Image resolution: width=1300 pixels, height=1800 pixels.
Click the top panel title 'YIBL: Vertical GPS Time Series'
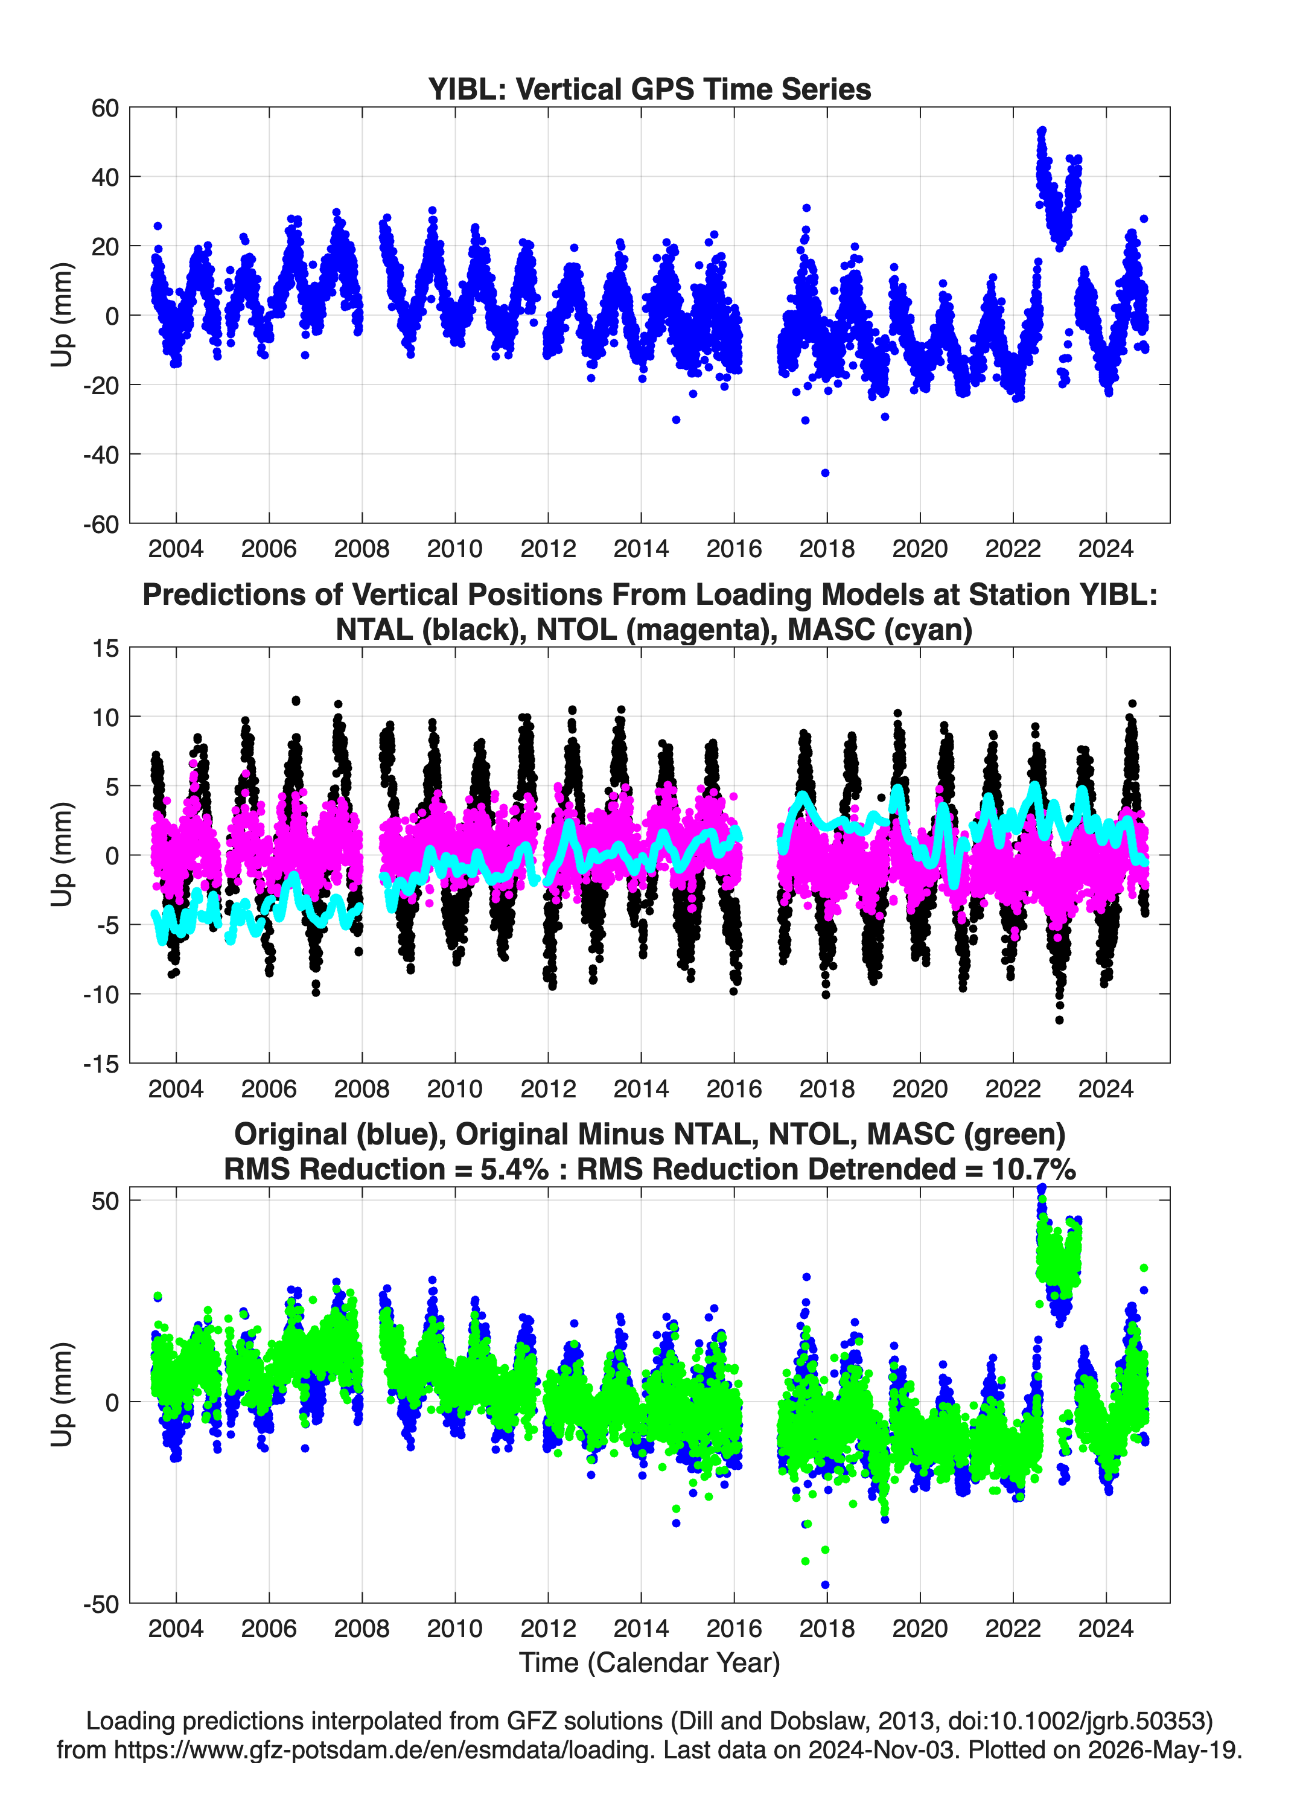pyautogui.click(x=649, y=89)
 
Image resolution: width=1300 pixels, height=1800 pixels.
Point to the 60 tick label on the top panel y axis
pyautogui.click(x=105, y=108)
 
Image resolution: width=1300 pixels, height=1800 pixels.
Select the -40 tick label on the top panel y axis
pyautogui.click(x=101, y=455)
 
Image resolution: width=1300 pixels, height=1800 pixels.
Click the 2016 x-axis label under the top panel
pyautogui.click(x=734, y=549)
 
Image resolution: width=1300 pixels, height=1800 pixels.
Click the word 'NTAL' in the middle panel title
pyautogui.click(x=374, y=630)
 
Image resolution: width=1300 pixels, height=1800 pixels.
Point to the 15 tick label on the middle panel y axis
pyautogui.click(x=105, y=648)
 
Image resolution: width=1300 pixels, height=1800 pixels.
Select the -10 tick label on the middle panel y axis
pyautogui.click(x=101, y=994)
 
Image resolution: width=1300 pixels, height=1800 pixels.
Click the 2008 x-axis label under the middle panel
pyautogui.click(x=362, y=1088)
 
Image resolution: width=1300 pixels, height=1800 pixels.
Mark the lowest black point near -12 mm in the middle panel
pyautogui.click(x=1059, y=1020)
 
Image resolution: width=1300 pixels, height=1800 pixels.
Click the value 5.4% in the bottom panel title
pyautogui.click(x=514, y=1169)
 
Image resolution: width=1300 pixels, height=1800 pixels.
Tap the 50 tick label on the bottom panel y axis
pyautogui.click(x=105, y=1201)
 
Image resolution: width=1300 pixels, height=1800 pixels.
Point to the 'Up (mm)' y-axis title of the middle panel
pyautogui.click(x=62, y=855)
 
